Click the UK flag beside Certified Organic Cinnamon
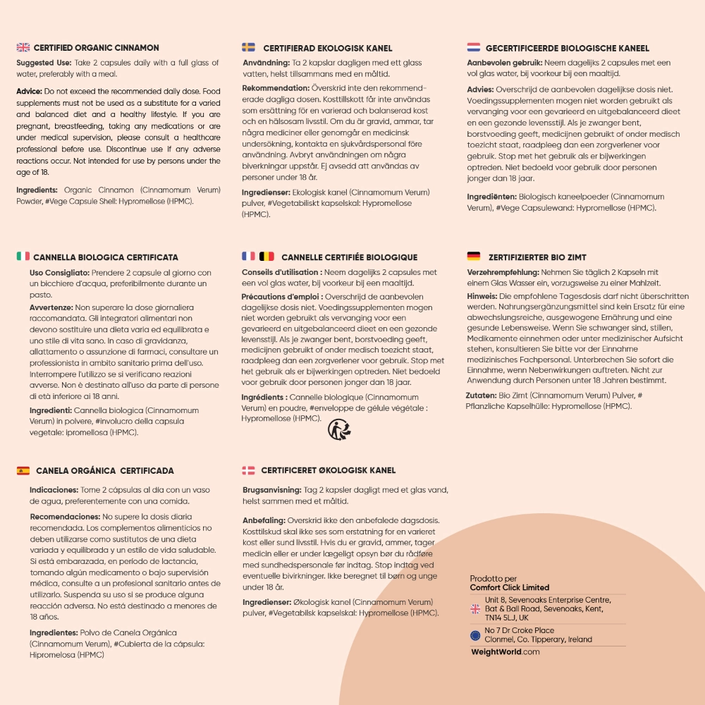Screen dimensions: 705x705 pos(23,48)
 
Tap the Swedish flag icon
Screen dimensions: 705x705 pos(249,48)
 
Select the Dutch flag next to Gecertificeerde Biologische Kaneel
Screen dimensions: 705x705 pos(474,48)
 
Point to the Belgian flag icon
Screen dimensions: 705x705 pos(267,257)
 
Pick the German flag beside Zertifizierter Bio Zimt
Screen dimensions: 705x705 pos(474,257)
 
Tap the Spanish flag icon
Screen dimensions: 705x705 pos(23,470)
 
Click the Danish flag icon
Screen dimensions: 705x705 pos(249,470)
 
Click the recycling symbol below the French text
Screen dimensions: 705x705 pos(339,429)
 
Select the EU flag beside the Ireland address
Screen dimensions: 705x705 pos(475,635)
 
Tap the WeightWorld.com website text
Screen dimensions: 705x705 pos(505,652)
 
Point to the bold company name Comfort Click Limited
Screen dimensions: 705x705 pos(510,587)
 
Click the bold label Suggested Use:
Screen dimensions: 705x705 pos(44,63)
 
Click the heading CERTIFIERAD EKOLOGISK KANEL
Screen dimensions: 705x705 pos(328,48)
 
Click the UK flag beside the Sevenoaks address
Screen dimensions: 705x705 pos(475,608)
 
